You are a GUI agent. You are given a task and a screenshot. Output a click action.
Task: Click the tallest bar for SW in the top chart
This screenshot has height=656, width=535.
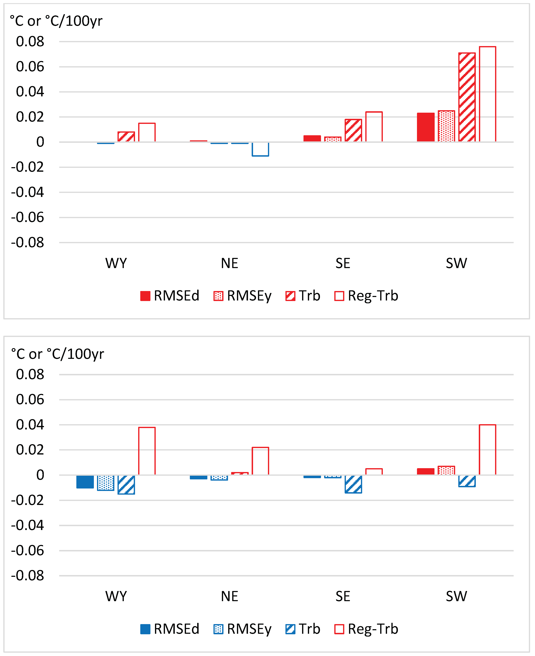click(487, 94)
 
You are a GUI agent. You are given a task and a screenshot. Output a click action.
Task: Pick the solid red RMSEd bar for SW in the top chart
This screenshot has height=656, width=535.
click(425, 127)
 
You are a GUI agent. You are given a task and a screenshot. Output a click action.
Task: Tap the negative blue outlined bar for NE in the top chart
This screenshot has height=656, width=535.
click(260, 149)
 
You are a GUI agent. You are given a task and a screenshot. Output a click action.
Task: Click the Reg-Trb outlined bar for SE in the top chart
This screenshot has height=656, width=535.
click(374, 127)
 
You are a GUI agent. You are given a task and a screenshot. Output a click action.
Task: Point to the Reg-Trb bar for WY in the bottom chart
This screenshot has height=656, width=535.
click(147, 451)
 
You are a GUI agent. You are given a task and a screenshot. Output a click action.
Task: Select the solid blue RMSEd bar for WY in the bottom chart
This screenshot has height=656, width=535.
click(85, 481)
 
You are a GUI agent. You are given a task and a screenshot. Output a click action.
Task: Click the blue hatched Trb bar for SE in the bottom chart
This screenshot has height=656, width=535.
click(353, 484)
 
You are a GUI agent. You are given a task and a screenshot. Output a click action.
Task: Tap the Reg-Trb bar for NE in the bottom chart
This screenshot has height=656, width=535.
click(260, 461)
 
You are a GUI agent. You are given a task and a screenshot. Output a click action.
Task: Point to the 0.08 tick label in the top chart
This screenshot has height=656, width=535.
click(30, 42)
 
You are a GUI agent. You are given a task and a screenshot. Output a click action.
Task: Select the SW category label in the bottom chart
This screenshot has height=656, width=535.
click(456, 596)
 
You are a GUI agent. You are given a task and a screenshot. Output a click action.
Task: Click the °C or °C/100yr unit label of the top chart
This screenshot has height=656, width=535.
click(56, 21)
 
